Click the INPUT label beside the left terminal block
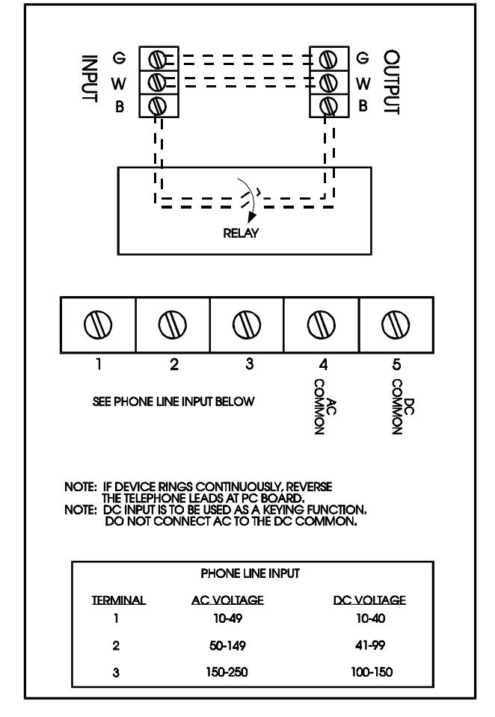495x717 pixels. pos(89,79)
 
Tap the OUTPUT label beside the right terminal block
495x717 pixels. pos(392,82)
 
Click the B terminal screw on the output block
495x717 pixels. pos(328,106)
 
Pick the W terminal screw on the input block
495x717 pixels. pos(157,82)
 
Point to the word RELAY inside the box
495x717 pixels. pos(241,233)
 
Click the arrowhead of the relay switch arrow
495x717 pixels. pos(250,217)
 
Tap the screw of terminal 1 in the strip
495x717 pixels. pos(98,324)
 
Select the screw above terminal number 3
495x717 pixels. pos(247,324)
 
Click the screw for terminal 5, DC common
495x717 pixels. pos(396,324)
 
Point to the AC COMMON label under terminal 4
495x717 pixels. pos(325,407)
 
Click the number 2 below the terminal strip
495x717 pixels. pos(173,364)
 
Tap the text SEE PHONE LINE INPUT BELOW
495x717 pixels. pos(173,401)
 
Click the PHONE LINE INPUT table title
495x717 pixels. pos(250,573)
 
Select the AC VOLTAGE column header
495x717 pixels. pos(227,600)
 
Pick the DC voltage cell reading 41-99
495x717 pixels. pos(370,645)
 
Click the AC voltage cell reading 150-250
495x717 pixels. pos(227,671)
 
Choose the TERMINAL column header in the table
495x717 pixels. pos(118,600)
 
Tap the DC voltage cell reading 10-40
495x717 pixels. pos(371,618)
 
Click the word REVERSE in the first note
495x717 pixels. pos(310,487)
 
